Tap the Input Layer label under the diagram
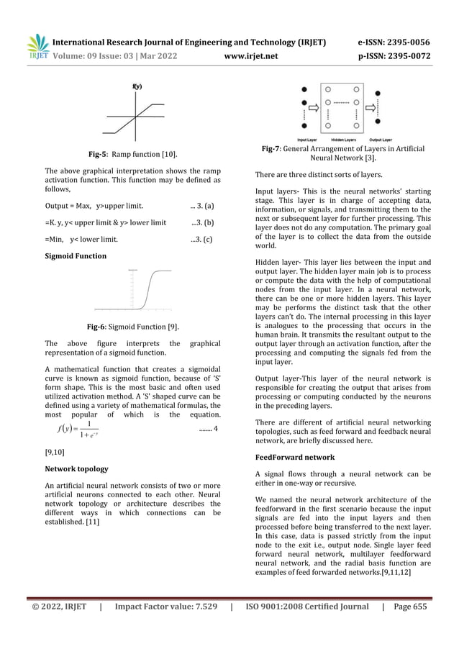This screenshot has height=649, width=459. [308, 139]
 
